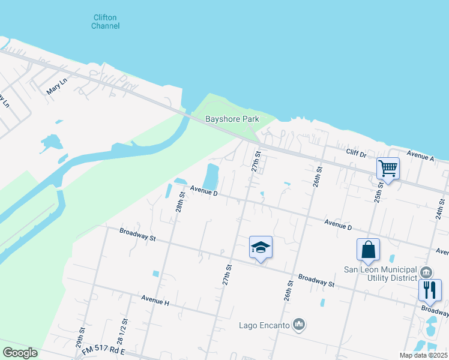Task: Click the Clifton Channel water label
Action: (x=106, y=22)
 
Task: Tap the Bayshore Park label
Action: (x=232, y=119)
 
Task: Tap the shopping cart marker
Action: (x=388, y=169)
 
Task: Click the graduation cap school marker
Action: (x=261, y=247)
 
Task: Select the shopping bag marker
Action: (x=368, y=250)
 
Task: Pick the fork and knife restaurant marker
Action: (x=430, y=290)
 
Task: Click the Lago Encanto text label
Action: (x=264, y=325)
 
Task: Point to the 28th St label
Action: (x=179, y=203)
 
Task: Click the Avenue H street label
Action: (x=155, y=299)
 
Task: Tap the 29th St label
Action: (x=80, y=339)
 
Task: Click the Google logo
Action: (x=20, y=353)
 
